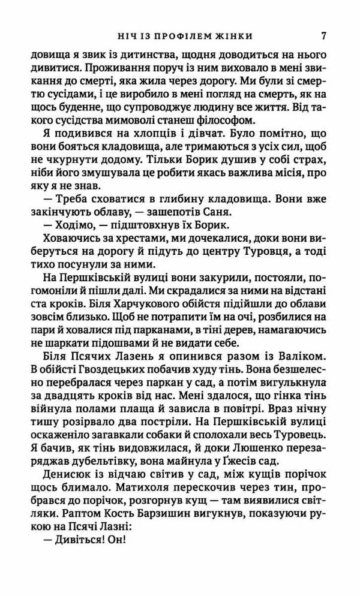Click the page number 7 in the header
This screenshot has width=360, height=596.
324,34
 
